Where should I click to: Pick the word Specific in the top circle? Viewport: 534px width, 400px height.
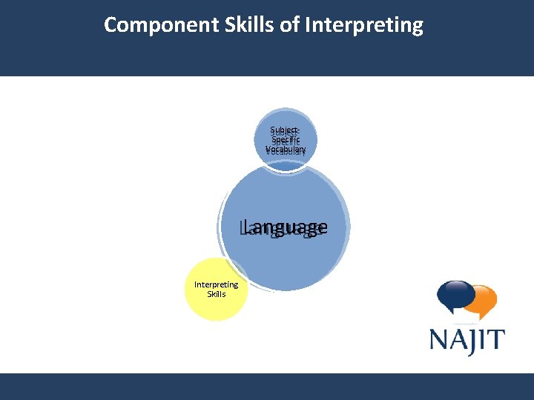pyautogui.click(x=286, y=140)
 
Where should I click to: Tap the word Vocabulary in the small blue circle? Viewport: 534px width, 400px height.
pyautogui.click(x=286, y=150)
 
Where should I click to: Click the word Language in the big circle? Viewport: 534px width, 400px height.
pyautogui.click(x=284, y=227)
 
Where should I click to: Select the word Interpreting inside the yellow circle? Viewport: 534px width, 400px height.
pyautogui.click(x=216, y=284)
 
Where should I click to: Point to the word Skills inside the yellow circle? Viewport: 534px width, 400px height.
pyautogui.click(x=217, y=293)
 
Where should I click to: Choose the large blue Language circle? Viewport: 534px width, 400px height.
pyautogui.click(x=286, y=252)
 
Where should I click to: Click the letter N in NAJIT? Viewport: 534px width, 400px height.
pyautogui.click(x=441, y=340)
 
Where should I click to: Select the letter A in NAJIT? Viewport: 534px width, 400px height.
pyautogui.click(x=461, y=340)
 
